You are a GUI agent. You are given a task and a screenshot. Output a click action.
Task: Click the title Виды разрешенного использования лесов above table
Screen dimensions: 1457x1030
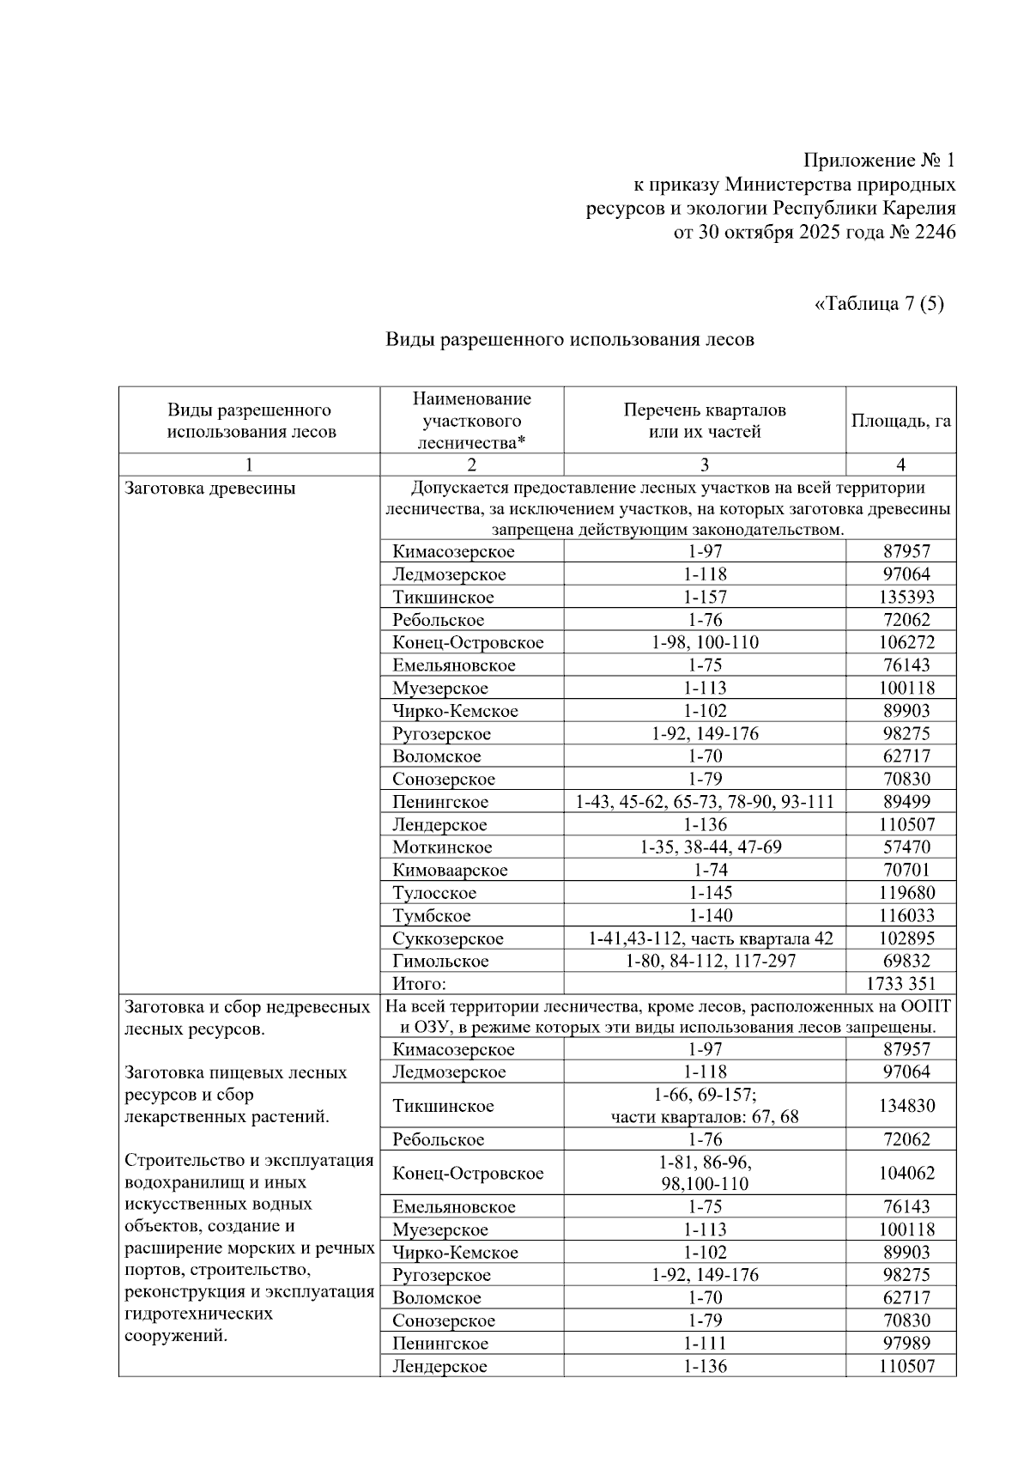(569, 340)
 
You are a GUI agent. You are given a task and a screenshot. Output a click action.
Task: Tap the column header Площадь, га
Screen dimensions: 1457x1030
(900, 421)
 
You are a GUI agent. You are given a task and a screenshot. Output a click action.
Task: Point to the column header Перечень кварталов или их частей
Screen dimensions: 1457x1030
(704, 421)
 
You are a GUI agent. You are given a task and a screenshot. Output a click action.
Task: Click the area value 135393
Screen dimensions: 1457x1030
(900, 597)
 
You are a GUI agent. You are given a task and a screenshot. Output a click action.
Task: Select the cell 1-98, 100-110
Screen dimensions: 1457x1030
(704, 642)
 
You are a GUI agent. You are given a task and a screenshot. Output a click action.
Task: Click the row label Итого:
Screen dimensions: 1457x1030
(420, 984)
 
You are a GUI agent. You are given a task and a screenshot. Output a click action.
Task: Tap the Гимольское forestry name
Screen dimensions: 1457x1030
(440, 962)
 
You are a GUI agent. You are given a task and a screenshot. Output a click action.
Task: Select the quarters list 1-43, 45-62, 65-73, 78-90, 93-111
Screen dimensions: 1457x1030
(704, 802)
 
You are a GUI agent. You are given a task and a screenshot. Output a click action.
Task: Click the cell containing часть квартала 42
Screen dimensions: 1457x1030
(710, 938)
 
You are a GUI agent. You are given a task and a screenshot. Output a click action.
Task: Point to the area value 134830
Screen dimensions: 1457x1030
(900, 1106)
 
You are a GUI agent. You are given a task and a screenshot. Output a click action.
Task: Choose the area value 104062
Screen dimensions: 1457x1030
(900, 1174)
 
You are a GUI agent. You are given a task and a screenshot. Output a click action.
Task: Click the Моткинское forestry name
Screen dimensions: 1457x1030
(442, 847)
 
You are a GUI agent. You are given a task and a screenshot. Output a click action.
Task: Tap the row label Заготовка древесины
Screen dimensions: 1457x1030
(210, 489)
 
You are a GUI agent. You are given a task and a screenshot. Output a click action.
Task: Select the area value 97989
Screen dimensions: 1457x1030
(900, 1344)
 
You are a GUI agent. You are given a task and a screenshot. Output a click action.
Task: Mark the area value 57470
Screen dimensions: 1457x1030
(900, 847)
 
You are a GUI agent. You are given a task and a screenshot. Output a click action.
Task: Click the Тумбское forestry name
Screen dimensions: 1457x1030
(432, 916)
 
